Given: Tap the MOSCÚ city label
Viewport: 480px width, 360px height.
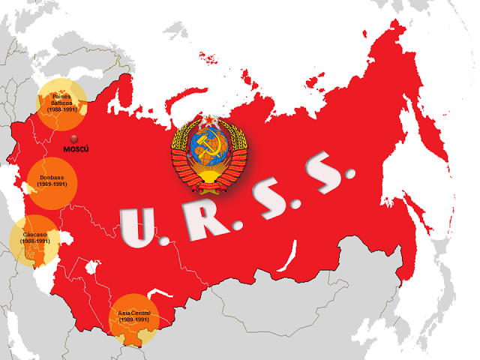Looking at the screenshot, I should pos(76,150).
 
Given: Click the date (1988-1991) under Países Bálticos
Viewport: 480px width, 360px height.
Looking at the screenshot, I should pos(62,109).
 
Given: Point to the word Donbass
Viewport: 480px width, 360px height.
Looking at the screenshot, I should pos(52,178).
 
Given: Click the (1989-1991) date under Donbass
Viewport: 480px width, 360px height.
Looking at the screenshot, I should pos(52,184).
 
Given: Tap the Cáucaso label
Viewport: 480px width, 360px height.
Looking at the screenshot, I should pos(35,235).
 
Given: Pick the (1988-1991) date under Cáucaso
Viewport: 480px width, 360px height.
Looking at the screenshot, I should pos(35,241).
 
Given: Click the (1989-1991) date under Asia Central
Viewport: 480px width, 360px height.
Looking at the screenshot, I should pos(133,320).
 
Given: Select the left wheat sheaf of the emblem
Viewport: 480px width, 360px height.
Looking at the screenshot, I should pos(181,154).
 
